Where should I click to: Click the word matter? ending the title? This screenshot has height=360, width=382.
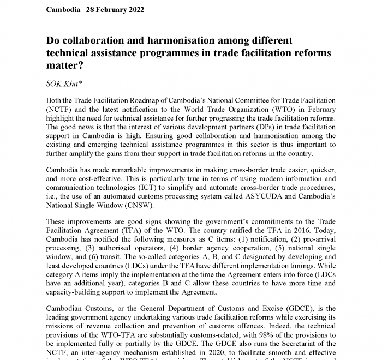click(x=62, y=65)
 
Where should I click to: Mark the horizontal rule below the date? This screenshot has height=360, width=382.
click(x=194, y=25)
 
